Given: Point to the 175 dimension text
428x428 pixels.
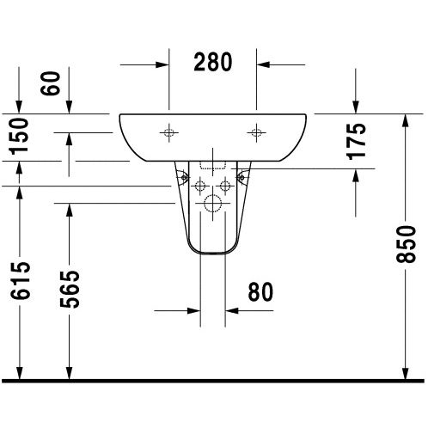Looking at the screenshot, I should click(x=358, y=139).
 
